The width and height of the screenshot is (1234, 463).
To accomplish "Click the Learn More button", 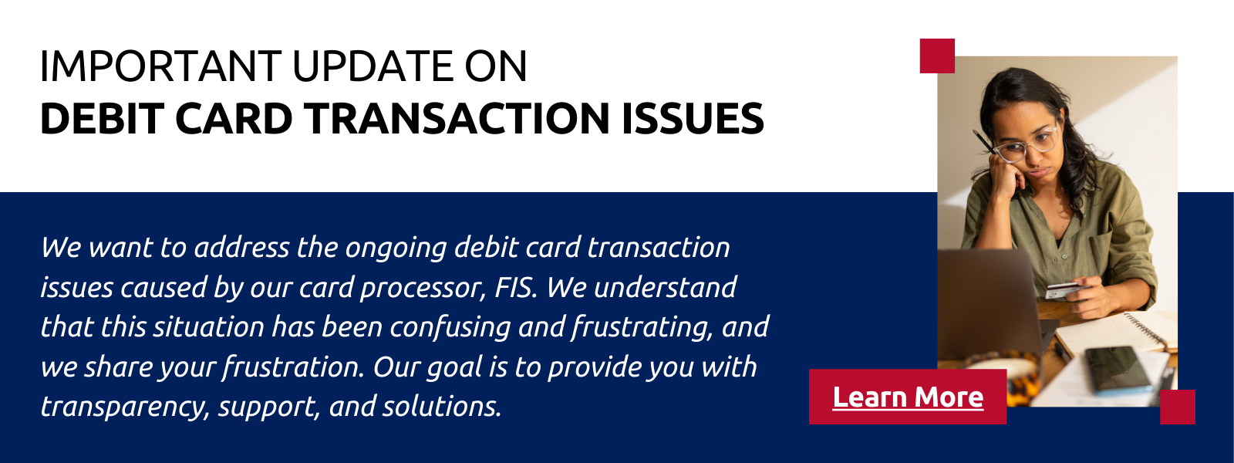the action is click(x=907, y=397).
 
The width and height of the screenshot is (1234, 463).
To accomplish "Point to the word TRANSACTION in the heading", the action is click(x=458, y=119).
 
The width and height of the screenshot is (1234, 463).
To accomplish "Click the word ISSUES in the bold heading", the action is click(x=693, y=119).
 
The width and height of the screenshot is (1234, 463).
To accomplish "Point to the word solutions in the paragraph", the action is click(x=442, y=406).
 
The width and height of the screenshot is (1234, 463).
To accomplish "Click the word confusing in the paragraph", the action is click(x=450, y=327).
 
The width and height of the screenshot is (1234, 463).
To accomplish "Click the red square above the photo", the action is click(x=937, y=56).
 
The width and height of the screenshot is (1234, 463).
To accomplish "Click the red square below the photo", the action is click(x=1178, y=407).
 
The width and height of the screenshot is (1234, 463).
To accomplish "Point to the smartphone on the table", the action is click(x=1118, y=369).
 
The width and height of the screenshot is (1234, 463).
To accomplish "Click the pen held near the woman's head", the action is click(x=983, y=142).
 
